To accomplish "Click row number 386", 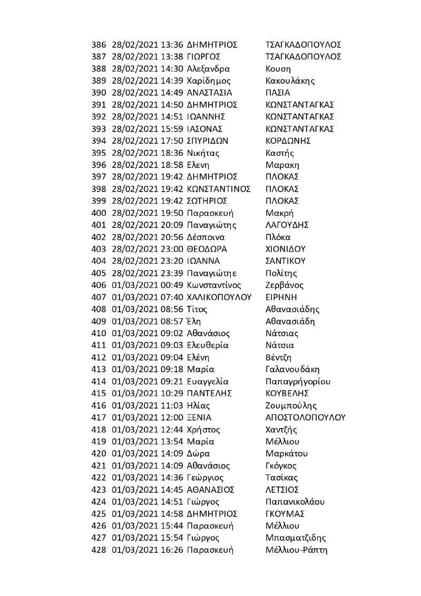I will (x=99, y=45).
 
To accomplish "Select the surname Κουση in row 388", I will (x=279, y=69).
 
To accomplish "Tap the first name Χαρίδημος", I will (x=209, y=81).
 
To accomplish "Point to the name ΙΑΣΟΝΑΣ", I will (x=205, y=129).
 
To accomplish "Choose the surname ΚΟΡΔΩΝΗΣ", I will (x=288, y=141).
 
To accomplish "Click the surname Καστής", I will (x=280, y=153).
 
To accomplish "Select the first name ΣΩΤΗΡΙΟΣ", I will (x=207, y=201).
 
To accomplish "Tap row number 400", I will (x=99, y=213).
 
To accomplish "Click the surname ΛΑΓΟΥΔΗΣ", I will (x=287, y=225).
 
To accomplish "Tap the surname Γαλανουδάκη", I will (x=293, y=369).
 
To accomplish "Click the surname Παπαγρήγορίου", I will (x=299, y=381).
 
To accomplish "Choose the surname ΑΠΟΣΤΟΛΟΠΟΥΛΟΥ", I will (x=306, y=418).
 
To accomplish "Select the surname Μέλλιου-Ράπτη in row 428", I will (x=297, y=550).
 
